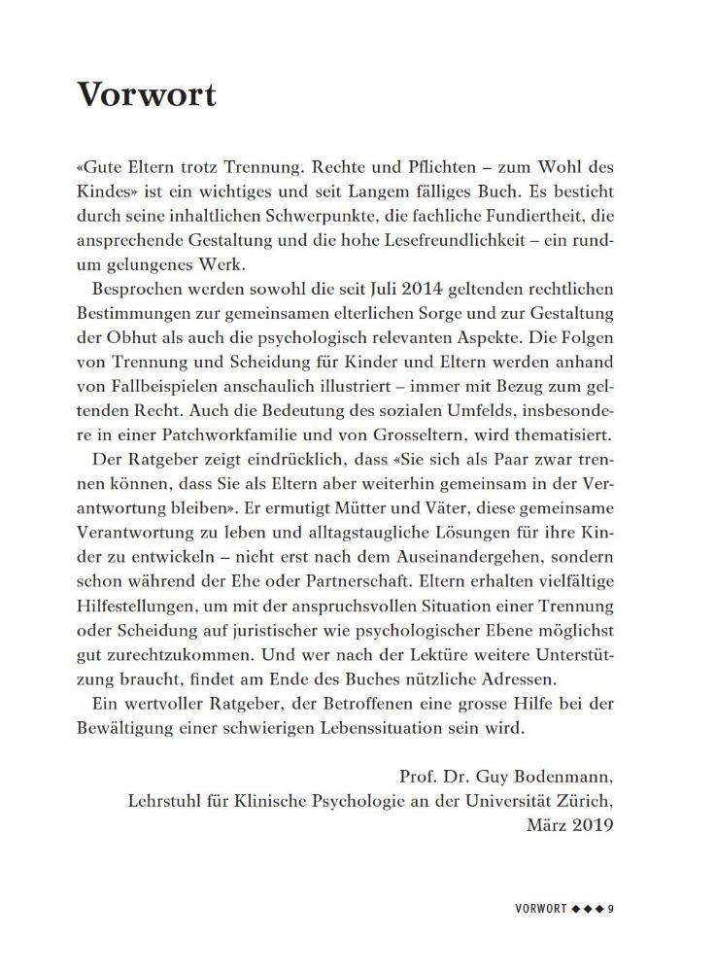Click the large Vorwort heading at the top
(146, 95)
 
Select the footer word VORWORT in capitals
(540, 910)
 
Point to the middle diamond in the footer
(591, 910)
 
